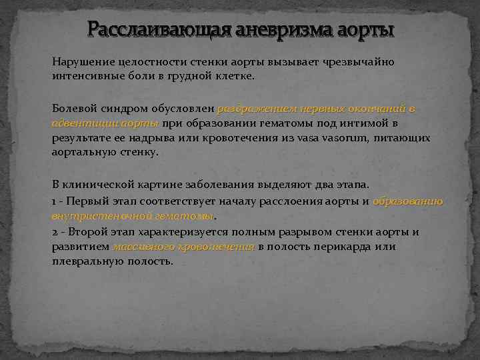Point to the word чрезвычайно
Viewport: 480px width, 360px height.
point(360,62)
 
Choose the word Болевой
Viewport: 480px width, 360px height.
point(73,108)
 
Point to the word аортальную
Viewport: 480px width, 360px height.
point(83,152)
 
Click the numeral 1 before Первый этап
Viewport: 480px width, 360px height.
point(53,201)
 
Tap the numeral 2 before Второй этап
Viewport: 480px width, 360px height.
point(54,232)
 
